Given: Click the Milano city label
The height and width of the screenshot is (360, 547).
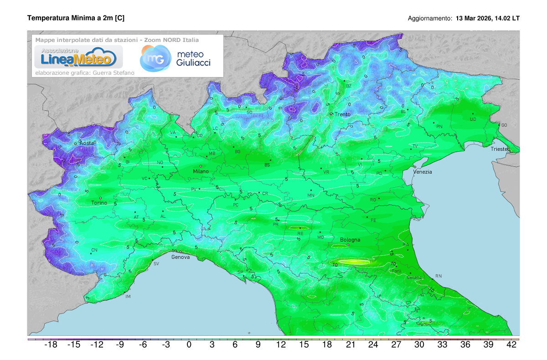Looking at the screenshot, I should tap(201, 171).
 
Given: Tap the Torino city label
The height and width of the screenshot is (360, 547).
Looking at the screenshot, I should tap(99, 203).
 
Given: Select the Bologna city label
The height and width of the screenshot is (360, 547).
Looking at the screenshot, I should tap(350, 240).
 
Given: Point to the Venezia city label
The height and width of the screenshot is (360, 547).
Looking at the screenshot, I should tap(423, 172).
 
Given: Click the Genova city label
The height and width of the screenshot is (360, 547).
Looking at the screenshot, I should tap(181, 257).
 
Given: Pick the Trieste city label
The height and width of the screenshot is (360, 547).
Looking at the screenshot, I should tap(501, 149).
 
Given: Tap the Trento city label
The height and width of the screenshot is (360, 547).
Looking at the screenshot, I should tap(342, 114).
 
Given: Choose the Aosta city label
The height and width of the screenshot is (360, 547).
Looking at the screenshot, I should tap(87, 143).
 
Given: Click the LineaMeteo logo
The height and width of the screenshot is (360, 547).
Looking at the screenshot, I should tap(76, 57).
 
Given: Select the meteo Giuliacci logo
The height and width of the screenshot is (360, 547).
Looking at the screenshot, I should tap(175, 58).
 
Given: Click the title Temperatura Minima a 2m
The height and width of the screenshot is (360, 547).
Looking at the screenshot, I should tap(76, 18).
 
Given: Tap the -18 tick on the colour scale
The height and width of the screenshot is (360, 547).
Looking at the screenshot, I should tap(50, 345).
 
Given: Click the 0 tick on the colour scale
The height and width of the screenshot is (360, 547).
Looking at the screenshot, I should tap(189, 345).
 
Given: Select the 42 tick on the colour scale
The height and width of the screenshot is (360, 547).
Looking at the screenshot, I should tap(511, 345).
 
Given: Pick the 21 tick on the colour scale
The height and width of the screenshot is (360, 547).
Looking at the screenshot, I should tap(350, 345).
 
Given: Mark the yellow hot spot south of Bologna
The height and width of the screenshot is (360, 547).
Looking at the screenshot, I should tap(355, 262).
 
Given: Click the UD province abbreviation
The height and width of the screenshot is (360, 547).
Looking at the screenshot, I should tap(473, 119).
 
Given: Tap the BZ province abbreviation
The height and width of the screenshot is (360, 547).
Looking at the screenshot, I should tap(349, 86).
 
